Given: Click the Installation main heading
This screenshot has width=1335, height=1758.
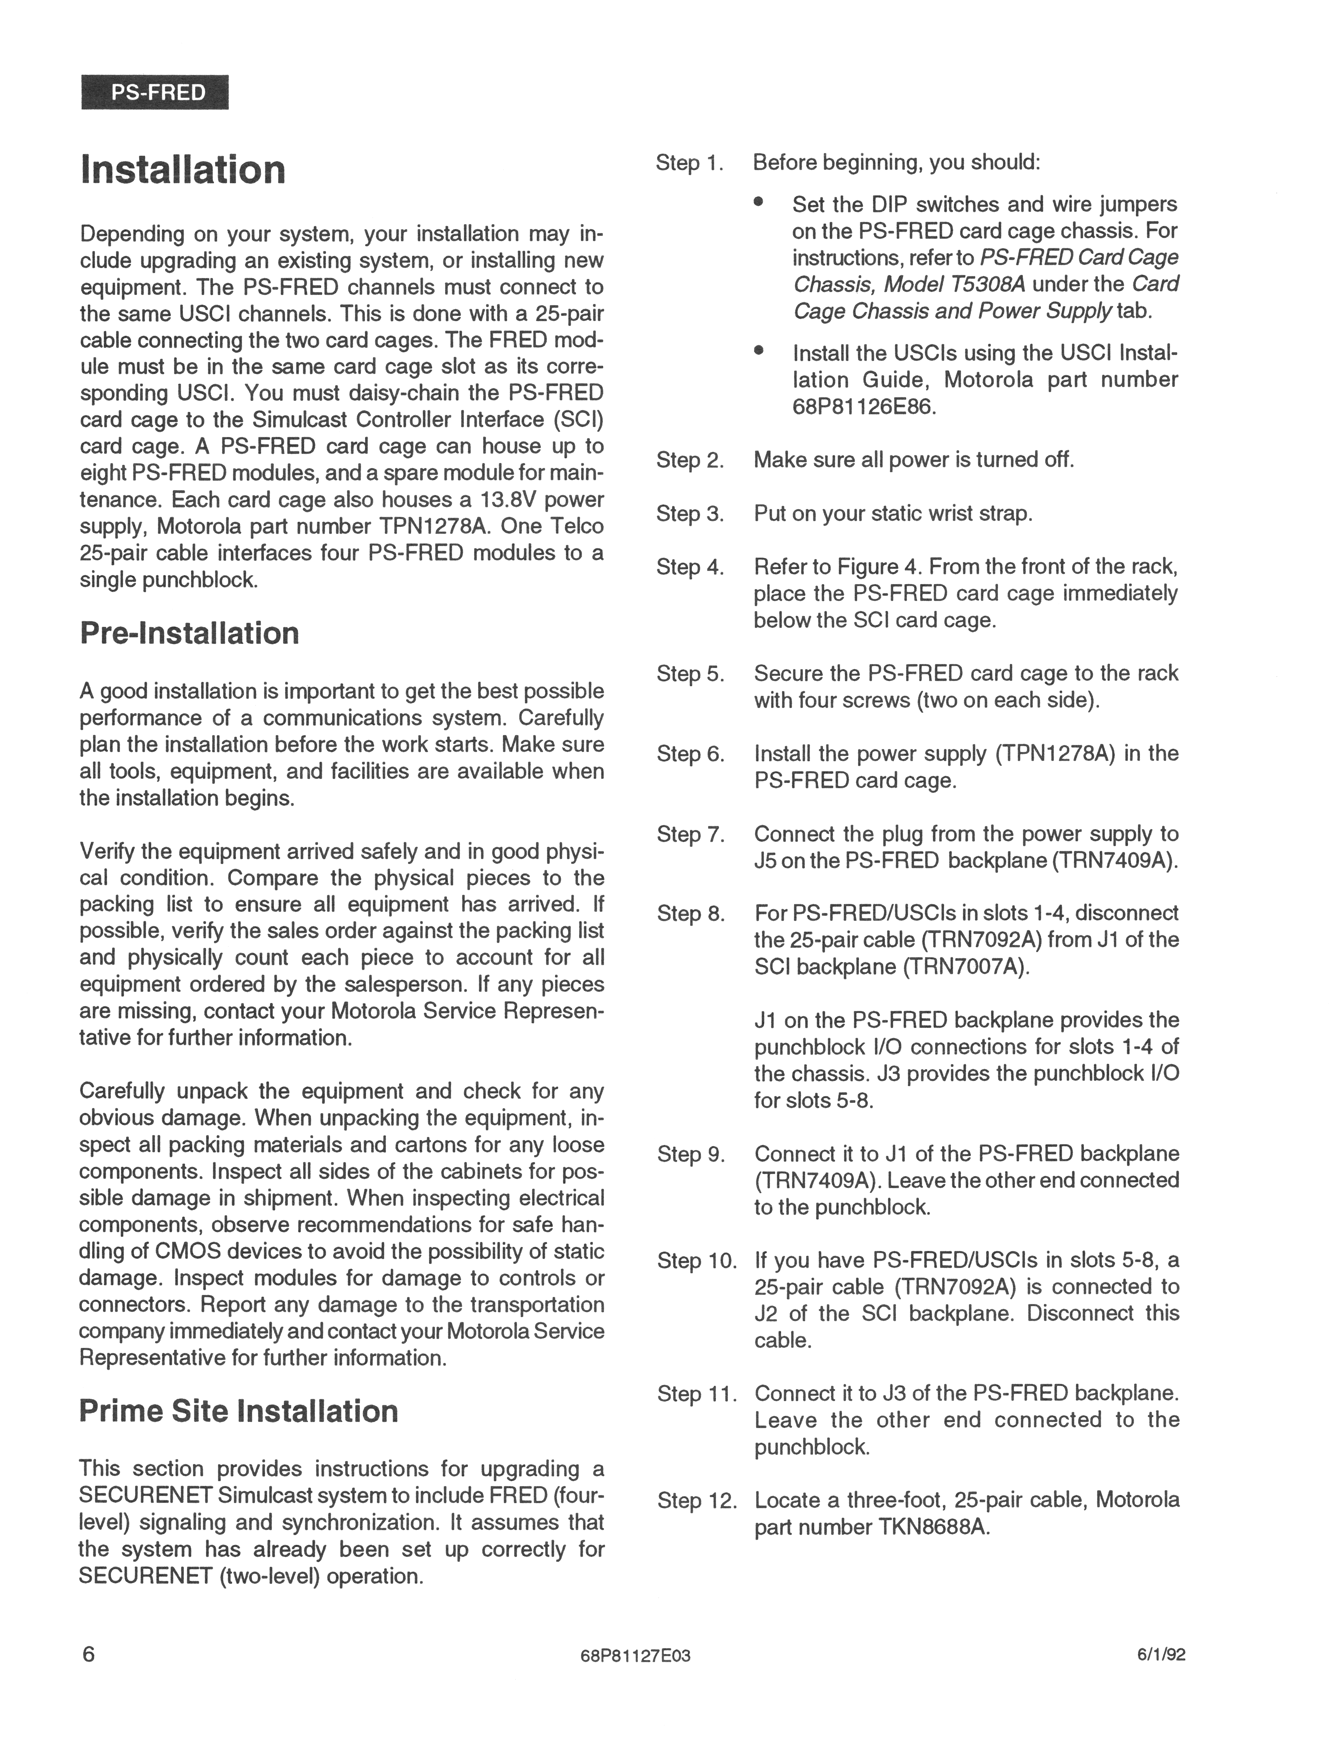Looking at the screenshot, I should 183,170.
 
